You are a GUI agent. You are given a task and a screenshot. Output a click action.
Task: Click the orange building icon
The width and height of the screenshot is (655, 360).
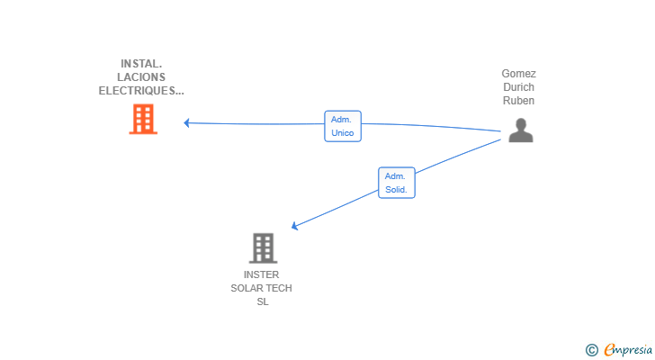[x=143, y=119]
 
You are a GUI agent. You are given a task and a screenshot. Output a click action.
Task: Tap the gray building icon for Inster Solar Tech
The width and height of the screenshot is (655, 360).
[x=263, y=248]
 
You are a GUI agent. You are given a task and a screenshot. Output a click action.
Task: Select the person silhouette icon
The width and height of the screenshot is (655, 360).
[x=520, y=130]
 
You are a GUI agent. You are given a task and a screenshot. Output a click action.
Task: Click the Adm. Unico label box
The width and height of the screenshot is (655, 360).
[x=343, y=126]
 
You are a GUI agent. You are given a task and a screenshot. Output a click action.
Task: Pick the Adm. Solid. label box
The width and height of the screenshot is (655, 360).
[x=397, y=183]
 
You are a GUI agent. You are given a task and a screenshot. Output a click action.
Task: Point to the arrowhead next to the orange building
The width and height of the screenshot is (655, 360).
[x=187, y=122]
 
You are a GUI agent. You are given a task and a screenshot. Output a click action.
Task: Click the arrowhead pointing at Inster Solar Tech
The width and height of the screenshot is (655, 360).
[x=294, y=226]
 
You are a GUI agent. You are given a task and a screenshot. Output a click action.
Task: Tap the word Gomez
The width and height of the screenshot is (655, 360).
[x=519, y=74]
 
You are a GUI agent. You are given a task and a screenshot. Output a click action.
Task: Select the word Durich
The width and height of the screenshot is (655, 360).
[x=519, y=87]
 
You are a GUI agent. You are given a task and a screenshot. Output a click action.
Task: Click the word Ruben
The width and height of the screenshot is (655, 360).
[x=519, y=101]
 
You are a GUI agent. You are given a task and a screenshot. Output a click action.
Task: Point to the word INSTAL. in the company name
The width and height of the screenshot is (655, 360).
[x=141, y=64]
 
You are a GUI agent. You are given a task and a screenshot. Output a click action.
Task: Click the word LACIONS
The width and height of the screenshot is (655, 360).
[x=141, y=76]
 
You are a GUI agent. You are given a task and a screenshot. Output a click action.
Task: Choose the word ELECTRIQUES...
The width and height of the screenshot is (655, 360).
[x=137, y=91]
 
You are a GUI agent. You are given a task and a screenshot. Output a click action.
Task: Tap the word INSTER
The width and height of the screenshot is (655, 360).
[x=262, y=274]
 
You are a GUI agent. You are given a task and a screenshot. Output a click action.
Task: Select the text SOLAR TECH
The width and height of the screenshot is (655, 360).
[x=262, y=288]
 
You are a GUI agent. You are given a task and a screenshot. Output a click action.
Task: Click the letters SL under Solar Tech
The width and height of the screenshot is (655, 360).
[x=263, y=301]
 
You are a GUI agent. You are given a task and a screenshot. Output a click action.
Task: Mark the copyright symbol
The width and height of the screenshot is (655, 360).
[x=592, y=350]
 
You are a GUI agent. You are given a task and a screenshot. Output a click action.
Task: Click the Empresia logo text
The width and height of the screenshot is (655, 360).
[x=628, y=350]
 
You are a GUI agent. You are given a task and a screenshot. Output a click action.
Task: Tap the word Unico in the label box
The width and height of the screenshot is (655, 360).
[x=343, y=133]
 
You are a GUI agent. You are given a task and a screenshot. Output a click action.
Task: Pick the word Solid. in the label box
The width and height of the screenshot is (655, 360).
[x=396, y=190]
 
